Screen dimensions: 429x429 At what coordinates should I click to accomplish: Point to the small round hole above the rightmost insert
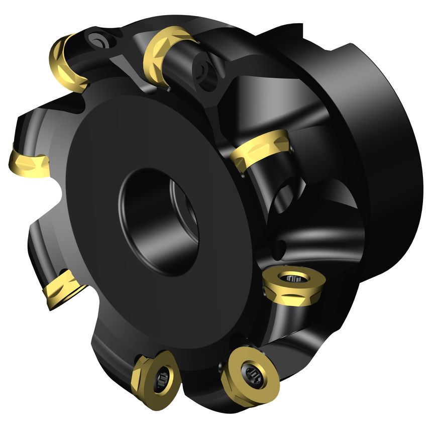[x=281, y=247]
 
